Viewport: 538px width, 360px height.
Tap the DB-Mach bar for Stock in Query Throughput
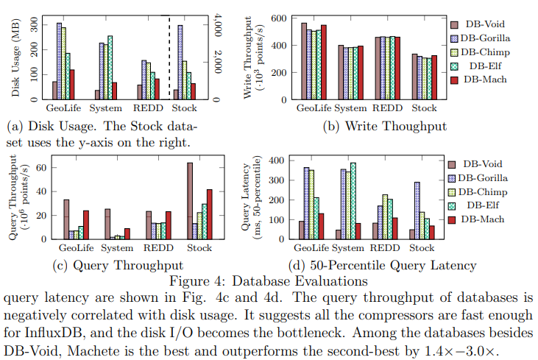coord(210,213)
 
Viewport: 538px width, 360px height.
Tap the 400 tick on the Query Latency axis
coord(275,159)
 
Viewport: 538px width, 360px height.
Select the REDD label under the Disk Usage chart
coord(146,109)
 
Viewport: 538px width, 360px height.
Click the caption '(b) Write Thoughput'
coord(385,126)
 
